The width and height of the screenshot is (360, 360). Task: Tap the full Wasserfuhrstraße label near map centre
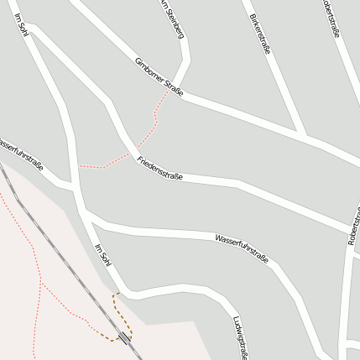(242, 248)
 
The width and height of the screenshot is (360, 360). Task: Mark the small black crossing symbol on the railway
(125, 337)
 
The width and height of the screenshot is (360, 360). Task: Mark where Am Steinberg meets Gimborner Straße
(180, 91)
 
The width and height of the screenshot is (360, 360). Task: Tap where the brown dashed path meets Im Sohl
(116, 294)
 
